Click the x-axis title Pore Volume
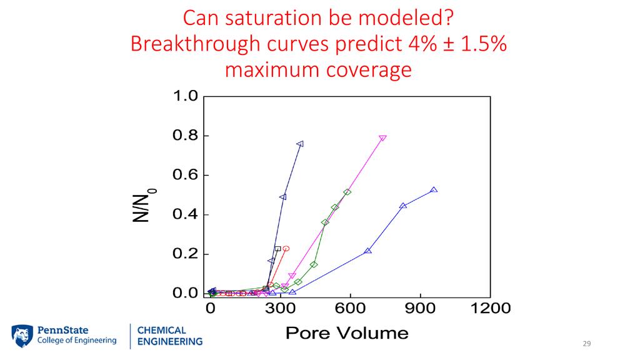point(347,332)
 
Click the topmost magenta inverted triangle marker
point(382,138)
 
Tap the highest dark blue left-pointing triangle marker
point(300,144)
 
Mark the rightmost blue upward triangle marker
point(434,190)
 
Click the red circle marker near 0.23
point(286,249)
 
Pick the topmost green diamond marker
point(347,192)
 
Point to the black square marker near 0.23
point(278,249)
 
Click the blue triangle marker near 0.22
point(367,251)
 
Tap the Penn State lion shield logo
point(22,336)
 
